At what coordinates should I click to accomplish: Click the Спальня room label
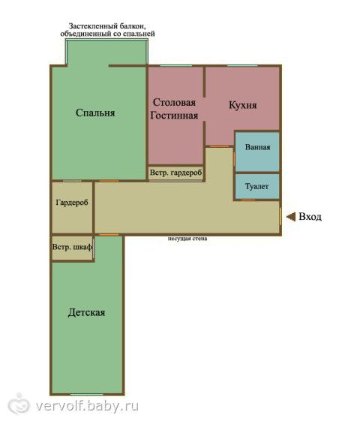95,113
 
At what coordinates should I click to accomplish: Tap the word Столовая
174,102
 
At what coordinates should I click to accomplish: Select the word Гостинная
174,116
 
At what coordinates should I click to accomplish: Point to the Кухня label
243,105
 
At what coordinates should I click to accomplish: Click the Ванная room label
257,147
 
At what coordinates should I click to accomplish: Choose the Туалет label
256,187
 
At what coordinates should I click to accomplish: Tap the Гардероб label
72,203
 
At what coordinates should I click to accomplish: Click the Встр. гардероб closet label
175,173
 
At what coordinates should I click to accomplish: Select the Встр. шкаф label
72,247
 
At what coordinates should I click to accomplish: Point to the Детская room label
86,312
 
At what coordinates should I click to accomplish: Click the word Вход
310,217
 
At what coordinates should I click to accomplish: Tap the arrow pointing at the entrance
291,217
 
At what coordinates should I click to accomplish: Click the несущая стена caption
187,239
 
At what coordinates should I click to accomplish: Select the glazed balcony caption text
107,30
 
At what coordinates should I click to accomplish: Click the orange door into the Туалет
247,200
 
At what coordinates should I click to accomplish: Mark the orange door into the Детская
109,235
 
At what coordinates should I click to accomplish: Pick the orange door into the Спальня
109,181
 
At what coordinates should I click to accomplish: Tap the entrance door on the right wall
280,216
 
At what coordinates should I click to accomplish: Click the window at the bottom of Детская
87,395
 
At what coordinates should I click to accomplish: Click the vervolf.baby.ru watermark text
87,406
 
